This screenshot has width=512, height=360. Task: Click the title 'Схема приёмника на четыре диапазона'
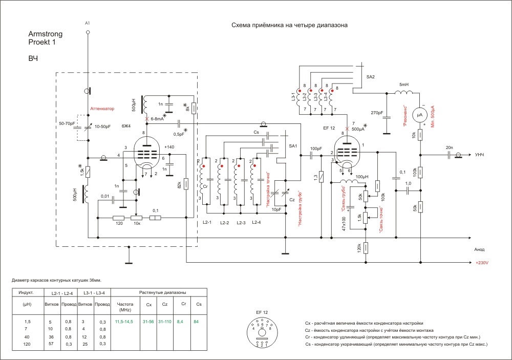(289, 25)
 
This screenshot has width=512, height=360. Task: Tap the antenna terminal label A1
(88, 24)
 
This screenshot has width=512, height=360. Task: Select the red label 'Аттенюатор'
(102, 109)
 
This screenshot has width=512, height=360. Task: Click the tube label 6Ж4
(126, 125)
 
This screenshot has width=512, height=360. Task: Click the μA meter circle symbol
(420, 115)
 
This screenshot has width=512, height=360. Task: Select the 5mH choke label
(404, 84)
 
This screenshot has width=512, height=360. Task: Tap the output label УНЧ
(480, 155)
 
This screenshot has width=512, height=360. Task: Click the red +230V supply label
(482, 262)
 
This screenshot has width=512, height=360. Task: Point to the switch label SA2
(371, 76)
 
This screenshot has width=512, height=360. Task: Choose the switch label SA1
(293, 146)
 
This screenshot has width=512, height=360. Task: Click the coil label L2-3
(240, 223)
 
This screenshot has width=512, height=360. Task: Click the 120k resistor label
(360, 248)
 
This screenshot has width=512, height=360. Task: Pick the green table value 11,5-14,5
(123, 321)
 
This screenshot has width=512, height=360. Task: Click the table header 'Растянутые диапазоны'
(162, 292)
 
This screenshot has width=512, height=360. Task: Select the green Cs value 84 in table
(196, 321)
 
